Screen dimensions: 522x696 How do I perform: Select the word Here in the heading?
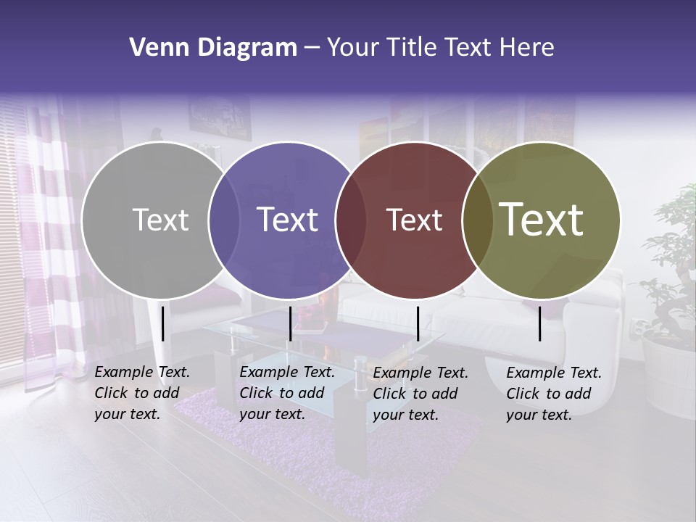526,48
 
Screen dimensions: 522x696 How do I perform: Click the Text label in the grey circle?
160,220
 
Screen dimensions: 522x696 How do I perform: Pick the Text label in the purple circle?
287,220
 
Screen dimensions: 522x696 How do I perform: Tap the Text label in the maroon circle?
414,220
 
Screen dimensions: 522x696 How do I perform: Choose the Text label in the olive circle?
542,220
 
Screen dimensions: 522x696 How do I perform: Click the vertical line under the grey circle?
163,323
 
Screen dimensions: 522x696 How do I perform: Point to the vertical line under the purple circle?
290,323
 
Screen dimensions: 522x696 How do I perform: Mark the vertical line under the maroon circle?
418,323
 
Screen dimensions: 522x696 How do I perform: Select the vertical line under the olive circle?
540,323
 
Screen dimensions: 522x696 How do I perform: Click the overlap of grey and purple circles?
224,220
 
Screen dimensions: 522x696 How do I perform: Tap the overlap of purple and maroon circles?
351,220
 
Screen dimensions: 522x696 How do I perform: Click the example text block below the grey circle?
142,393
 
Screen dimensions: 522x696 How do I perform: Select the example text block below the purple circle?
287,393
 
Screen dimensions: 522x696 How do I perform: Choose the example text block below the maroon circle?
420,394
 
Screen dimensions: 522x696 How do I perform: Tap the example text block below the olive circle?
554,394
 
